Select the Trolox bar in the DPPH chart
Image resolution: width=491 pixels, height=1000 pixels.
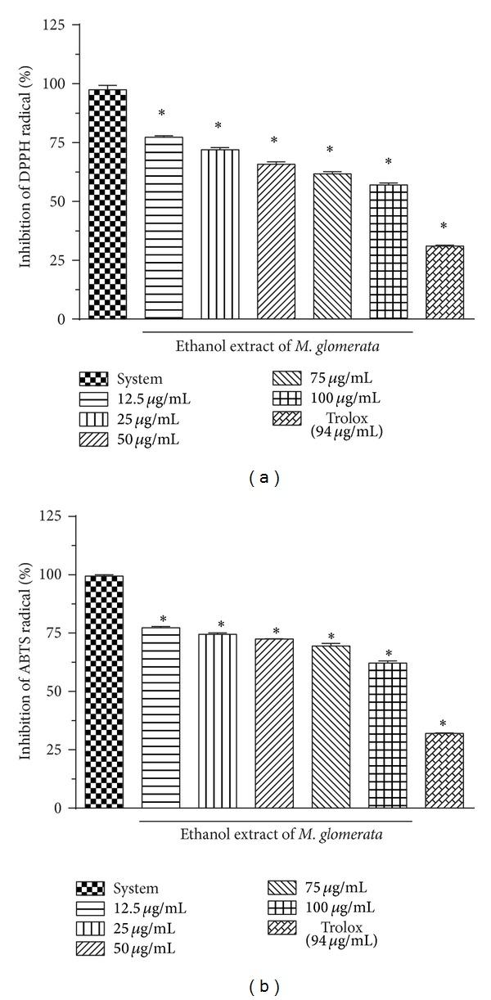click(x=444, y=282)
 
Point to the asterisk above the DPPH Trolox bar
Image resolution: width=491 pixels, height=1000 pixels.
click(x=444, y=227)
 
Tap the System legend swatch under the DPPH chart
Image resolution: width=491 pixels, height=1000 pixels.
click(x=94, y=379)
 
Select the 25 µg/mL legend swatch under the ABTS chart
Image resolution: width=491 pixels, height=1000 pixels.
click(x=92, y=929)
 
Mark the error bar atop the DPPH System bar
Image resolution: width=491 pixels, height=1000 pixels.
click(x=107, y=86)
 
